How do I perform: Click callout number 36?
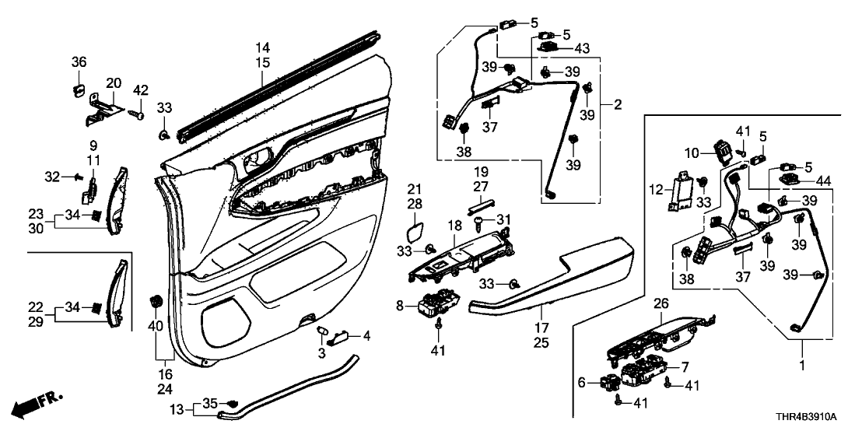click(79, 62)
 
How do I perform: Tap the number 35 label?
click(210, 402)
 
